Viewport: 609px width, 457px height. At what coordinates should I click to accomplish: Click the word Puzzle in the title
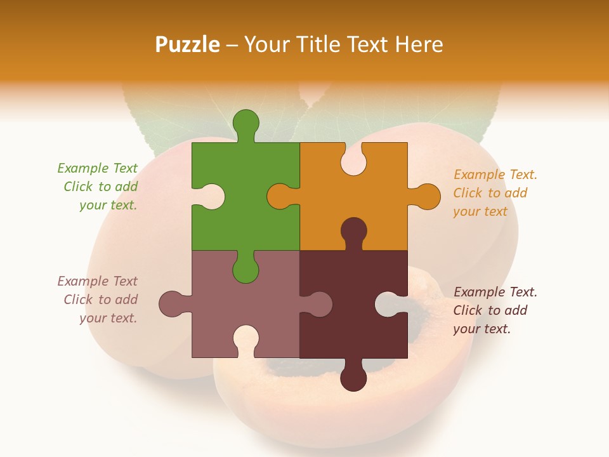(x=188, y=44)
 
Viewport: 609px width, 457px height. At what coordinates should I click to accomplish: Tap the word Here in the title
(x=419, y=44)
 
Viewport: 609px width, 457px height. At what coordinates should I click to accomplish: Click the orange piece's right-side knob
(x=427, y=196)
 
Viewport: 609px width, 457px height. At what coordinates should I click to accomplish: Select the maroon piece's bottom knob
(x=353, y=378)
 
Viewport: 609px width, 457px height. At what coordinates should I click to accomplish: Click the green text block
(x=98, y=187)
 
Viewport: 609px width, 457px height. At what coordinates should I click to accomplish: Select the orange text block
(x=495, y=193)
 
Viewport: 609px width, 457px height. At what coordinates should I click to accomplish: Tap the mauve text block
(x=98, y=300)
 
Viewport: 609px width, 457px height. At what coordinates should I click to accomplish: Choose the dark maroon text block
(x=495, y=310)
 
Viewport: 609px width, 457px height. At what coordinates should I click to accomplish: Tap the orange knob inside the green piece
(x=280, y=196)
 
